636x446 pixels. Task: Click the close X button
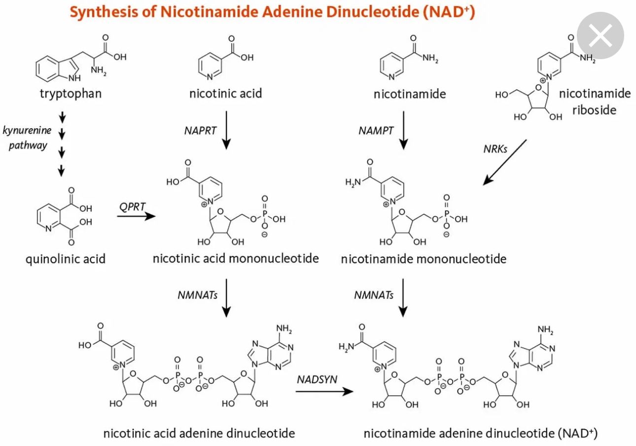[x=600, y=35]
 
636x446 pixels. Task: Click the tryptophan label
[x=71, y=94]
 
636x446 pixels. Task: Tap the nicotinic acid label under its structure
[x=225, y=94]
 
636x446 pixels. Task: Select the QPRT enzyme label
[x=132, y=206]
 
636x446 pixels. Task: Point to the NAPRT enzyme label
[x=200, y=131]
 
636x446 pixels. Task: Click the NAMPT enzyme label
[x=376, y=131]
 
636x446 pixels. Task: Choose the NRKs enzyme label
[x=495, y=148]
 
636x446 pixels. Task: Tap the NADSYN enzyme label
[x=317, y=379]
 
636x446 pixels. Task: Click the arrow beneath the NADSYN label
[x=325, y=391]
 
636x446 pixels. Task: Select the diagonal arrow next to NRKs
[x=504, y=162]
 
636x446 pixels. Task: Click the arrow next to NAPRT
[x=226, y=130]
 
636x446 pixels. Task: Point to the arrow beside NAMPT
[x=403, y=130]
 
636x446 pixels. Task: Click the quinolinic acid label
[x=65, y=259]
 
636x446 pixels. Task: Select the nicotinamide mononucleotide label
[x=424, y=259]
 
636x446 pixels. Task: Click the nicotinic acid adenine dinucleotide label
[x=199, y=433]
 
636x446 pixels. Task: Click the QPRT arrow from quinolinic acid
[x=136, y=216]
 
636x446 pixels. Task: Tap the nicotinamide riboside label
[x=594, y=101]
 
